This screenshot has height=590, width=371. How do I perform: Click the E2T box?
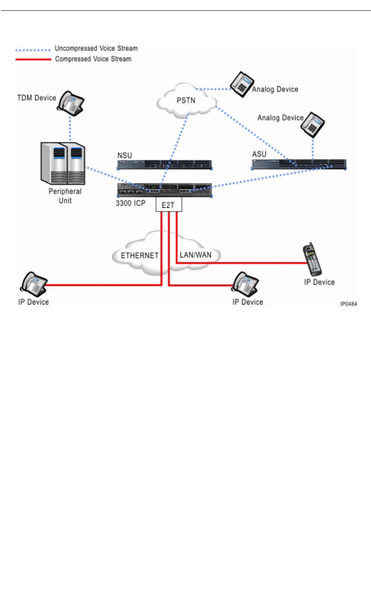pos(169,204)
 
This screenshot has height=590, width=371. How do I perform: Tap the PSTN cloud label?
pos(186,101)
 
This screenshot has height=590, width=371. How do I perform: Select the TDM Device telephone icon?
pos(71,103)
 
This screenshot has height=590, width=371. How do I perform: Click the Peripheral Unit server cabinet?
pos(63,163)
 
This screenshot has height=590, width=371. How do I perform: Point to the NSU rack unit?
pos(164,165)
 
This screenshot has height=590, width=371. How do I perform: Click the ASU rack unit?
pos(299,164)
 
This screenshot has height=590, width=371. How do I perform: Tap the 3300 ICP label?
pos(130,203)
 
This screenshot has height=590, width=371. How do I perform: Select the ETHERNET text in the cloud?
pos(140,256)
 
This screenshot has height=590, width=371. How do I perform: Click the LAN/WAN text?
pos(195,255)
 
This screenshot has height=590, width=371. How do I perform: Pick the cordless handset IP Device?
pos(312,259)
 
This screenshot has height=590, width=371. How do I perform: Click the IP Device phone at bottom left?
pos(34,285)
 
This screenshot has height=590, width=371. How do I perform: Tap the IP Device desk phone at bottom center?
pos(245,285)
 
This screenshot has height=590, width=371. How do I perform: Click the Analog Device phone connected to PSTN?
pos(242,84)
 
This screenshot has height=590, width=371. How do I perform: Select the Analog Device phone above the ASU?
pos(313,125)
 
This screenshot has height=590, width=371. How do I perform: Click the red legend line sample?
pos(33,60)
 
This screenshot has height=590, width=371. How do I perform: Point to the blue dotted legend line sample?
pos(33,50)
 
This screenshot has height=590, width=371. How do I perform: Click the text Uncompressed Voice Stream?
pos(96,48)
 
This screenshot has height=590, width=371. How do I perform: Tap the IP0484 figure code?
pos(348,304)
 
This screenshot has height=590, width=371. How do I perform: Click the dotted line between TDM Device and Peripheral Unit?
pos(70,129)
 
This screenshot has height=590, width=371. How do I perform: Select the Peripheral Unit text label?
pos(65,196)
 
